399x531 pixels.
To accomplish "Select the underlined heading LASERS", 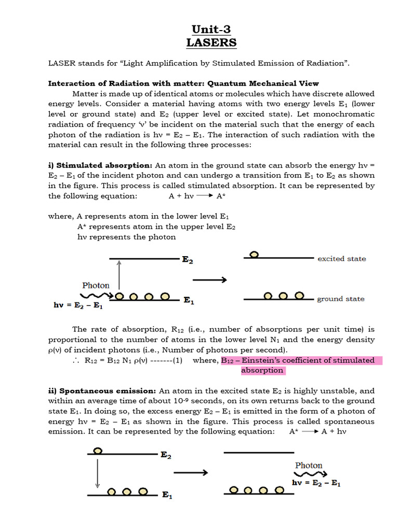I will click(211, 42).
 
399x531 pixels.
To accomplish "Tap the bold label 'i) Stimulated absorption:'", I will click(100, 165).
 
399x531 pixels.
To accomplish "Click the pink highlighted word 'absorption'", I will click(262, 370).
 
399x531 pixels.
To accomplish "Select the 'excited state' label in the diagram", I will click(341, 258).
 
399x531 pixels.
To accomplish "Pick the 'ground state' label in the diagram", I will click(340, 299).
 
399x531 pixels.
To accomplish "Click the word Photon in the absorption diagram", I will click(96, 285).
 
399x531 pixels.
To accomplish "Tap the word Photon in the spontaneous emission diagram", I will click(309, 465).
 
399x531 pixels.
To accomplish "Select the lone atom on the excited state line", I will click(254, 255).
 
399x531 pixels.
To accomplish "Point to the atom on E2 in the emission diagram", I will click(97, 451).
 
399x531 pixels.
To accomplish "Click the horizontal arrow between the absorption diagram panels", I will click(209, 280).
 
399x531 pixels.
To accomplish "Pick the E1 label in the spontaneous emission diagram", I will click(167, 495).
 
